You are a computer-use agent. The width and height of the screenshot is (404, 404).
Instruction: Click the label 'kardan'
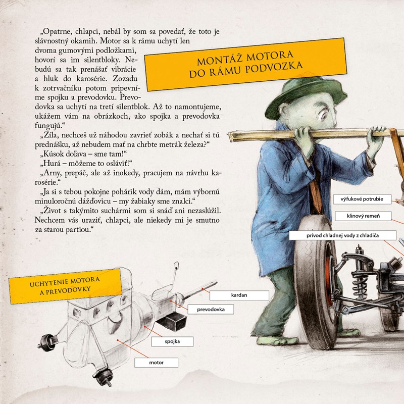tap(239, 295)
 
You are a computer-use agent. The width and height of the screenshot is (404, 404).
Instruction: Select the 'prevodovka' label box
tap(211, 310)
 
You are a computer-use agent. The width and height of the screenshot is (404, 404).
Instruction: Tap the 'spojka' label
tap(172, 342)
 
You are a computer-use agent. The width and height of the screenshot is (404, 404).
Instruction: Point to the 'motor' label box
tap(156, 363)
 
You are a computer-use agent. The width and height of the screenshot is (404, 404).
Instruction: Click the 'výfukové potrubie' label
tap(362, 199)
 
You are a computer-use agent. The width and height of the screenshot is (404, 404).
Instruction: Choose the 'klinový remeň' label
tap(363, 216)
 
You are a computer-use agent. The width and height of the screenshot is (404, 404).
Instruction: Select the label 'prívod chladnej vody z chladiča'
tap(342, 235)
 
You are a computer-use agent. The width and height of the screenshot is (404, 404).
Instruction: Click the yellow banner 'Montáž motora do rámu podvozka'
tap(245, 65)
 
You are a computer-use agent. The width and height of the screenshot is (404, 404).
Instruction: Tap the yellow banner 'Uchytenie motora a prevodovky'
tap(65, 286)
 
